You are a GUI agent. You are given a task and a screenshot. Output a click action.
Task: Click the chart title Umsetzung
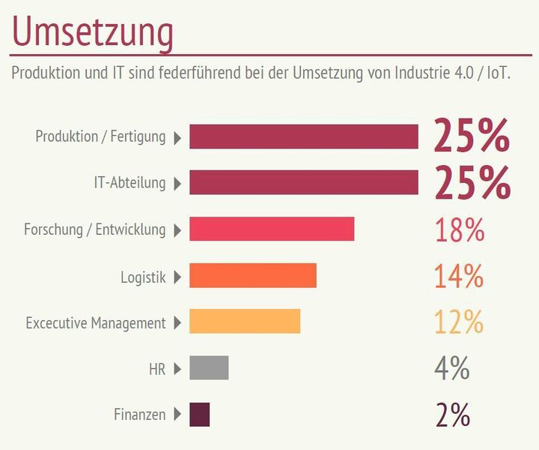point(93,33)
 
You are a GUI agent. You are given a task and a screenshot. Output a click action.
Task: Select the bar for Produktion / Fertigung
point(303,137)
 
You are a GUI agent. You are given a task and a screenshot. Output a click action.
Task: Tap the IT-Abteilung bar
point(303,183)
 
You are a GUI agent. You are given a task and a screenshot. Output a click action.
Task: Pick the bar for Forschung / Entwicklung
point(271,229)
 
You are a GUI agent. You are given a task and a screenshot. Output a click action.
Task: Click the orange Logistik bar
point(252,276)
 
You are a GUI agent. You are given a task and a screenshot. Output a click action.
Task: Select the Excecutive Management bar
point(244,322)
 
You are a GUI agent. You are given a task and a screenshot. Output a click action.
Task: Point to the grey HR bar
point(209,368)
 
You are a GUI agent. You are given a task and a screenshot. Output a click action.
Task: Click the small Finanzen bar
point(199,415)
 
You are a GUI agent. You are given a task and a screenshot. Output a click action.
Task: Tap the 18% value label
point(460,230)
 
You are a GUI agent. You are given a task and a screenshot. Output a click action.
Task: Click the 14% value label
point(459,277)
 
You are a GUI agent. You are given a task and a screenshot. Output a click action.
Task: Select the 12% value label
point(459,322)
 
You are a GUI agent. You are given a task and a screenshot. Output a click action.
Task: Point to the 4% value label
point(451,368)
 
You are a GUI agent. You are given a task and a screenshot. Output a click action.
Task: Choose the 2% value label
point(452,415)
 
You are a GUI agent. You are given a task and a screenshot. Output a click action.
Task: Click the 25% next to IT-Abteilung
point(472,183)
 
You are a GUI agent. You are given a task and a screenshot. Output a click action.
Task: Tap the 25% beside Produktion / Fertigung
point(472,137)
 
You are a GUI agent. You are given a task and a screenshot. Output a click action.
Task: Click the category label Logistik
point(143,277)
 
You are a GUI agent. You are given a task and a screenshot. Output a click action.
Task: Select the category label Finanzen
point(139,415)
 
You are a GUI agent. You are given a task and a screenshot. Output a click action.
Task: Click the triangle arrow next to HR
point(177,369)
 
